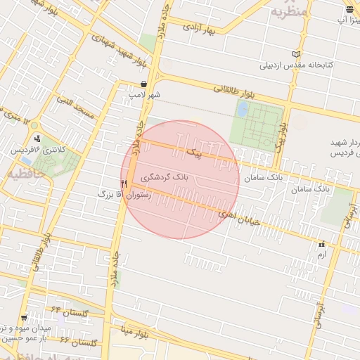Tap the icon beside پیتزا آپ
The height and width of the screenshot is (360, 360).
(349, 8)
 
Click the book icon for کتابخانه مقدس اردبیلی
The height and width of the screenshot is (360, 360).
(297, 55)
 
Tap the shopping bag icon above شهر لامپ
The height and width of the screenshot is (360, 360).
(143, 84)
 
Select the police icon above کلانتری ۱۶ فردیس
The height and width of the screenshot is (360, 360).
(37, 139)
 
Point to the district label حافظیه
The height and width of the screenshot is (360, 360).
(26, 171)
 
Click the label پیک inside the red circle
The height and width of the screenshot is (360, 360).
(194, 152)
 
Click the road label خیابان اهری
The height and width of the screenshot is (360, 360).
(238, 216)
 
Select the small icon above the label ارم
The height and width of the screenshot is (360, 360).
(322, 245)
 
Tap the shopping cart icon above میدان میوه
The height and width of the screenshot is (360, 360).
(25, 318)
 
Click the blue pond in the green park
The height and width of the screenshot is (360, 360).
(243, 110)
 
